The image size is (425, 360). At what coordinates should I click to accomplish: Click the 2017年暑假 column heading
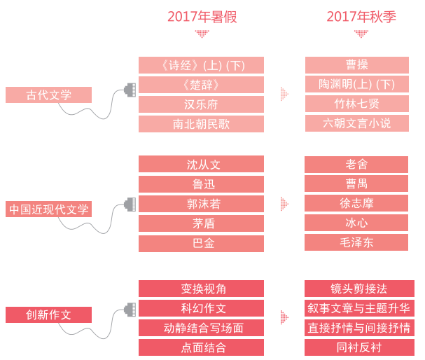coord(202,17)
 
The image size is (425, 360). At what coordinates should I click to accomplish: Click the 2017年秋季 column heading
coord(361,17)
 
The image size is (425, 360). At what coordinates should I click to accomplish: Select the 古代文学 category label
coord(48,95)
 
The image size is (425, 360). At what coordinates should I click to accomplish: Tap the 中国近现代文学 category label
coord(48,209)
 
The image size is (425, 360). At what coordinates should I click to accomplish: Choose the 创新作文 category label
coord(48,314)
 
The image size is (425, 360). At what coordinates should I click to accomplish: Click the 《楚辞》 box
coord(201,85)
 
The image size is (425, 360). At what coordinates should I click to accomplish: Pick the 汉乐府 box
coord(201,104)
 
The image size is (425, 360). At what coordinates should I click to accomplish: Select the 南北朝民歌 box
coord(201,124)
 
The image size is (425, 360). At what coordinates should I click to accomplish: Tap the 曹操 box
coord(357,65)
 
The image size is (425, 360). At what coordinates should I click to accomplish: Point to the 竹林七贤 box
coord(357,104)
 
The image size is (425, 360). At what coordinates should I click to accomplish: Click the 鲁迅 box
coord(201,184)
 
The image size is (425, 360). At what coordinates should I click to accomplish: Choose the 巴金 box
coord(201,244)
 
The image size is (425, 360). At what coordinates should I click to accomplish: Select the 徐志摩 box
coord(356,203)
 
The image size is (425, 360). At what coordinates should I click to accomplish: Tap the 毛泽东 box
coord(356,242)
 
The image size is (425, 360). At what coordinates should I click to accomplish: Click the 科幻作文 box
coord(201,308)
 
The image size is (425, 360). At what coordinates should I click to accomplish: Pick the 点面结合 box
coord(201,347)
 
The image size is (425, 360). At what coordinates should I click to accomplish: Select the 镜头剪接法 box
coord(359,289)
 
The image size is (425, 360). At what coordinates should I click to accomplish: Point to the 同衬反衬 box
coord(359,347)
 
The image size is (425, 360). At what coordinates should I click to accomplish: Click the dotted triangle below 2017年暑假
coord(202,34)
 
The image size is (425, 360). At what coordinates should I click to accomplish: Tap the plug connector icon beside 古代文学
coord(130,90)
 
